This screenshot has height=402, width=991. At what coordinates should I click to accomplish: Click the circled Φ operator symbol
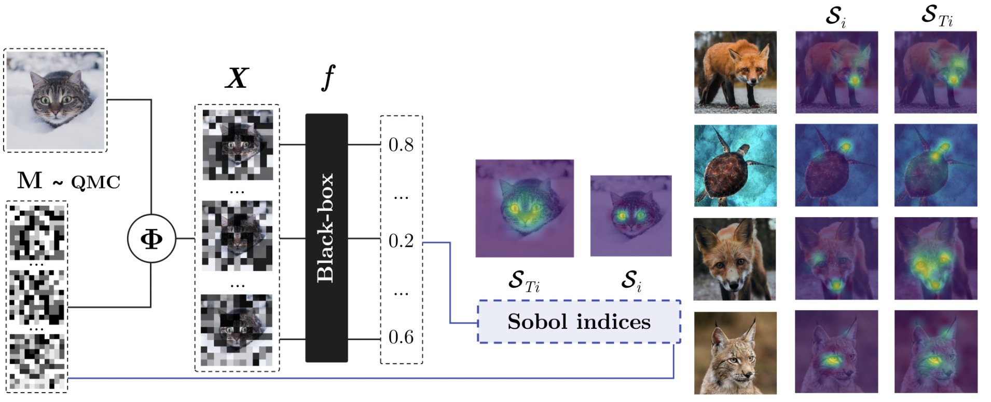pos(152,239)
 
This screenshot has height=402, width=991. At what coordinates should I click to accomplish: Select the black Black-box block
pos(326,238)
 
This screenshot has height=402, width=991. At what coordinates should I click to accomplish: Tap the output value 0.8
pos(401,145)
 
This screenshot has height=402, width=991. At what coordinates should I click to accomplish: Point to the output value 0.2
pos(401,241)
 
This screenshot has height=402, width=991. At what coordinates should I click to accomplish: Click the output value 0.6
pos(401,338)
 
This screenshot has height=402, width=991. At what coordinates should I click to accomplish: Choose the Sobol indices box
pos(579,321)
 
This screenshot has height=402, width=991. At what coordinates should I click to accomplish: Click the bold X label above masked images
pos(237,78)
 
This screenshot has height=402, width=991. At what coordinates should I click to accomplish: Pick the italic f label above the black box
pos(328,77)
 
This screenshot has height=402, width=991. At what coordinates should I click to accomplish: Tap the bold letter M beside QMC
pos(30,180)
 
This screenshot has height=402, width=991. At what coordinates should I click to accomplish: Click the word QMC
pos(95,182)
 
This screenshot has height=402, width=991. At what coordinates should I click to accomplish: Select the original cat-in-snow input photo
pos(55,100)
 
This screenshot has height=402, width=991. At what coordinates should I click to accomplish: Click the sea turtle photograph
pos(735,165)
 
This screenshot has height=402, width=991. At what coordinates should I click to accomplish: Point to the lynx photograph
pos(735,353)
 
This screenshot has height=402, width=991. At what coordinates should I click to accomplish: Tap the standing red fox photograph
pos(735,72)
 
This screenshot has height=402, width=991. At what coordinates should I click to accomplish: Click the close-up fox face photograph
pos(735,259)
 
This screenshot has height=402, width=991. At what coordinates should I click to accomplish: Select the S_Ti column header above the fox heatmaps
pos(937,16)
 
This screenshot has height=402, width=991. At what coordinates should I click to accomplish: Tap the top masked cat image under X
pos(237,145)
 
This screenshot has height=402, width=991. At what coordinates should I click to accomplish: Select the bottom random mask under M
pos(37,361)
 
